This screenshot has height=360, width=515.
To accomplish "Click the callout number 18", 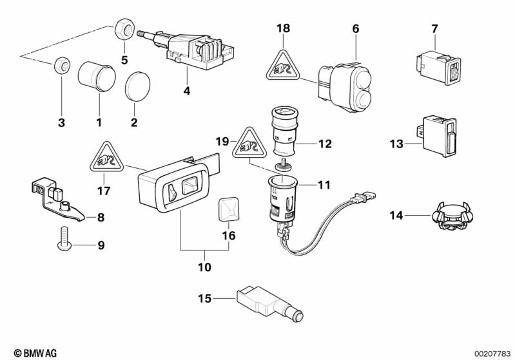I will (x=284, y=28).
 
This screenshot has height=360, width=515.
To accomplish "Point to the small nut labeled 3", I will (x=62, y=64).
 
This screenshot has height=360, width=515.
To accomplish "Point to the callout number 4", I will (x=187, y=91).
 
